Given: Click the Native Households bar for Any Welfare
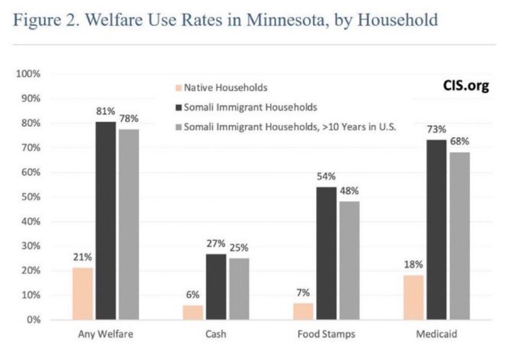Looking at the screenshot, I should coord(83,294).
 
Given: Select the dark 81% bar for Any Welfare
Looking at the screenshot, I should coord(106,221).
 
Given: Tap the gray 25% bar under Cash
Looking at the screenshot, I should coord(239,289).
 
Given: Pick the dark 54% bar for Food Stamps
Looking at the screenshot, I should coord(326,253).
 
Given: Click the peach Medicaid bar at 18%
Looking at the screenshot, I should coord(414,297).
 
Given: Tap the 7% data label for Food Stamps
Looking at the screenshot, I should coord(303,293).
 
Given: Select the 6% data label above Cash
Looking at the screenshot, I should coord(193,295).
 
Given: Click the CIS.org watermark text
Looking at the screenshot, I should coord(465,86).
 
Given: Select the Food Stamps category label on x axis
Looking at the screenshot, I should coord(326,335).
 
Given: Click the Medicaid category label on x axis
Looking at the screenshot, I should coord(436,335).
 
